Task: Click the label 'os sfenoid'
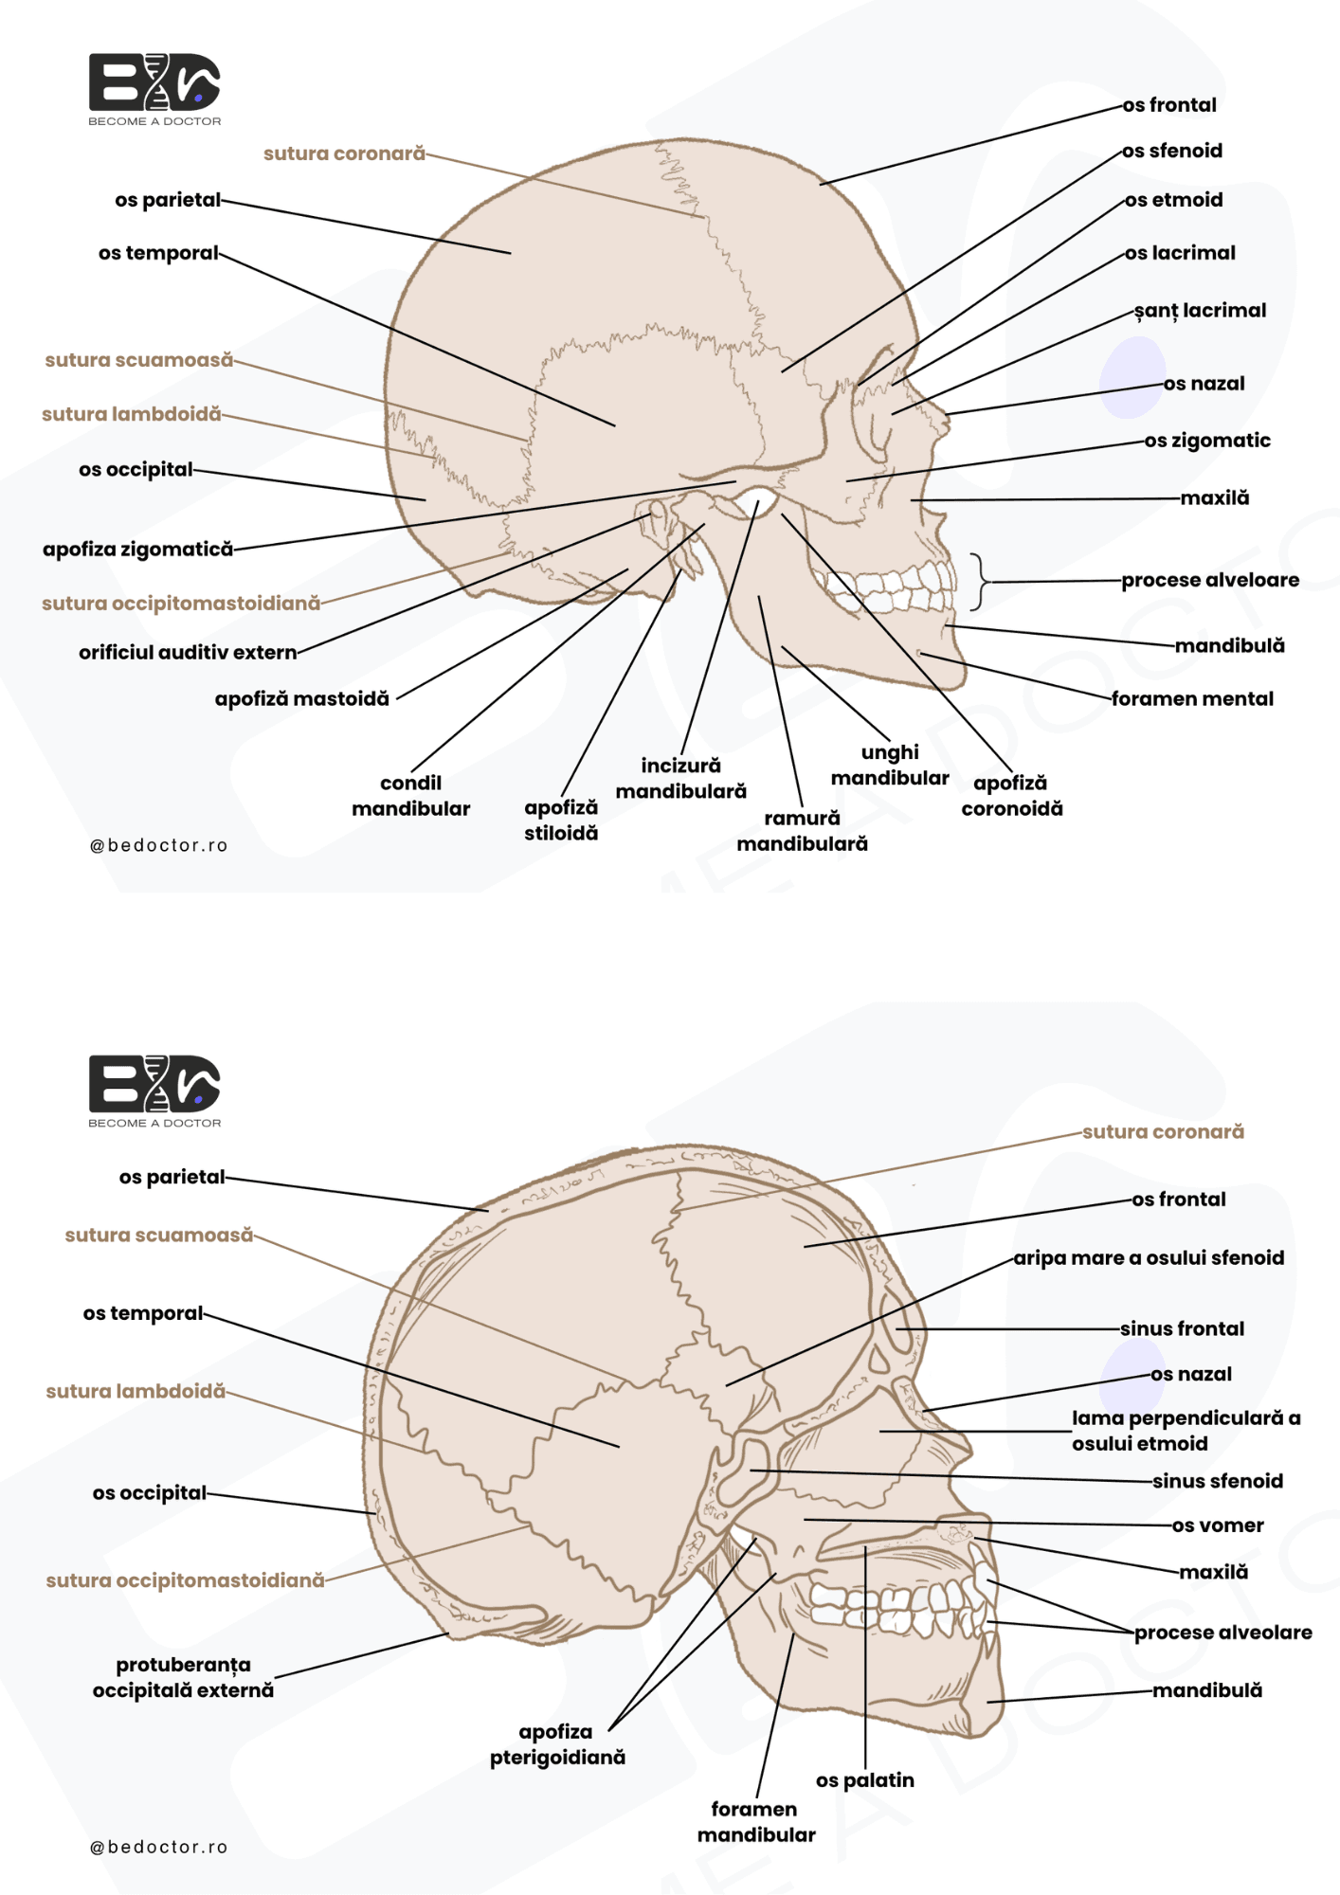(x=1172, y=151)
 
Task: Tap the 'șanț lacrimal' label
(x=1200, y=311)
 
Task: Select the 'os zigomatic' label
(x=1207, y=441)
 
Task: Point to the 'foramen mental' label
(x=1192, y=698)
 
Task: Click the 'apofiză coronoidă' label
(x=1011, y=796)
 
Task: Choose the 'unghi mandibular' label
(x=890, y=765)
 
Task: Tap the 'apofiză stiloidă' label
(x=561, y=821)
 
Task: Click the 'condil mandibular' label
(x=410, y=796)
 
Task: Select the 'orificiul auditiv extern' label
(x=188, y=652)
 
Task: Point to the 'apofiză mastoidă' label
(x=301, y=699)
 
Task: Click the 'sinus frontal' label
(x=1182, y=1328)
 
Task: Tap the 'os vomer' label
(x=1218, y=1525)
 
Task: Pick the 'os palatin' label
(x=865, y=1780)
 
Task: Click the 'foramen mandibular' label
(x=756, y=1822)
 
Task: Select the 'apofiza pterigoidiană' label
(x=557, y=1744)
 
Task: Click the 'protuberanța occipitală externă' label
(x=183, y=1677)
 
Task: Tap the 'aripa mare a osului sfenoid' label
(x=1149, y=1258)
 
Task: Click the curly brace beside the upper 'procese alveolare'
(x=979, y=581)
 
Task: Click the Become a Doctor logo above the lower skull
(x=154, y=1092)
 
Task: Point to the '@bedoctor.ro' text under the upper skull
(x=159, y=845)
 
